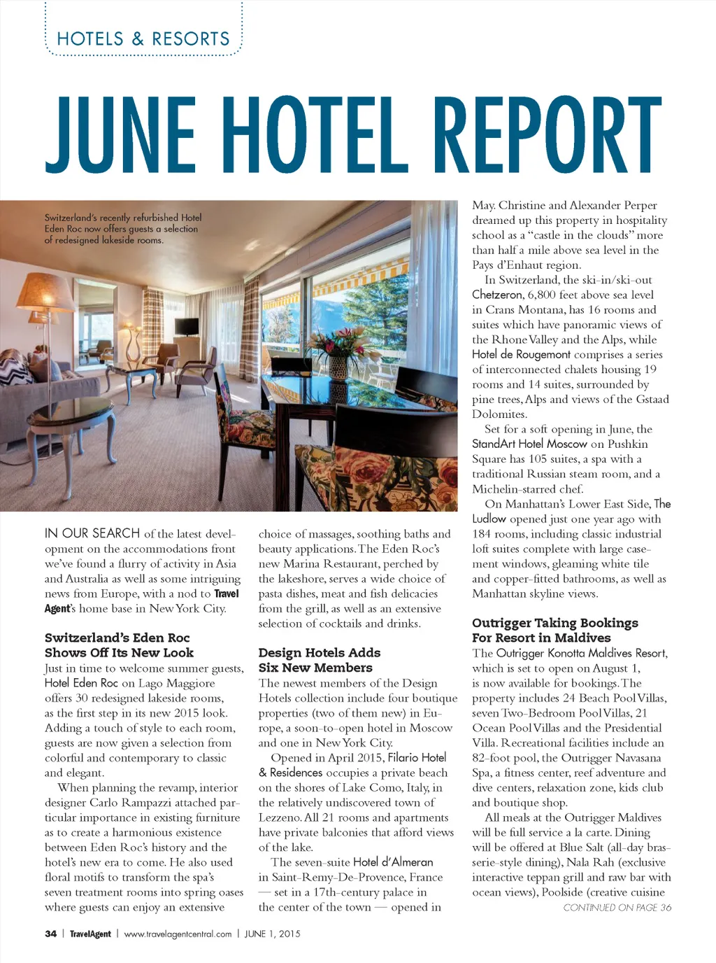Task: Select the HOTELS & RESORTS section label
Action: [143, 39]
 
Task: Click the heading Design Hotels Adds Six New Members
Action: [320, 660]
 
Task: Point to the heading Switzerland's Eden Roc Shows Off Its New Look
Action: [119, 645]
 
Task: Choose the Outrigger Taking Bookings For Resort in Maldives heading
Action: [555, 630]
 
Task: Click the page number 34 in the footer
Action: [50, 934]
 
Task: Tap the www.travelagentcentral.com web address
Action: [178, 934]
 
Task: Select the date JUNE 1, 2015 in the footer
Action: [272, 934]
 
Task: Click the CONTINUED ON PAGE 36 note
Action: [617, 908]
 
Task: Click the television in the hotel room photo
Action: [187, 327]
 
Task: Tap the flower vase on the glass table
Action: [339, 364]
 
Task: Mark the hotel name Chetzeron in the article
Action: [498, 295]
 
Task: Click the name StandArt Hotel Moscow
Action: [529, 444]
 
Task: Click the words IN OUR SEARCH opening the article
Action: [92, 533]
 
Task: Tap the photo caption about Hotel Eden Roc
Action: [122, 229]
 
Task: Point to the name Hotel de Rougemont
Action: [521, 355]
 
